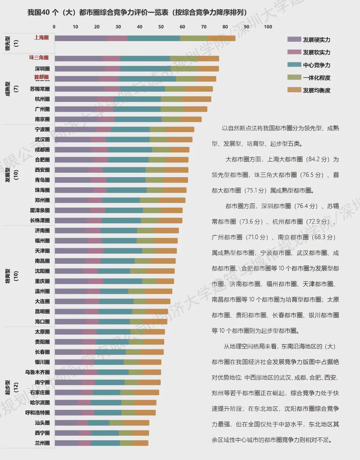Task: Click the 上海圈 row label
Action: (x=41, y=38)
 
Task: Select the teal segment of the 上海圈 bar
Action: (x=153, y=38)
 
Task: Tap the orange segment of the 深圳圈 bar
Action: (x=208, y=69)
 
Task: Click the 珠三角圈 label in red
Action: (x=39, y=58)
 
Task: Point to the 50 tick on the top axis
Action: (x=161, y=27)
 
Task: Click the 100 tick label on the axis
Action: (x=268, y=27)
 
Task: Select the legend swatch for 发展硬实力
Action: (x=294, y=40)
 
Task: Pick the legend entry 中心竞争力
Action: (x=316, y=65)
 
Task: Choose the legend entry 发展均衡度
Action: (x=316, y=90)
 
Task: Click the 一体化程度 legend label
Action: (x=316, y=78)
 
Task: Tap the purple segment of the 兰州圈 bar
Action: (x=67, y=443)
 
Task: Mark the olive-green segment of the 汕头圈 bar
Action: (x=117, y=423)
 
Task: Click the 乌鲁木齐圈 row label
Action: (x=37, y=372)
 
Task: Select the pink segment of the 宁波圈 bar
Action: (x=103, y=129)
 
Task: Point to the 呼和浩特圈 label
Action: (x=37, y=412)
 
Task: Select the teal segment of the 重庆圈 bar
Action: (x=123, y=281)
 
